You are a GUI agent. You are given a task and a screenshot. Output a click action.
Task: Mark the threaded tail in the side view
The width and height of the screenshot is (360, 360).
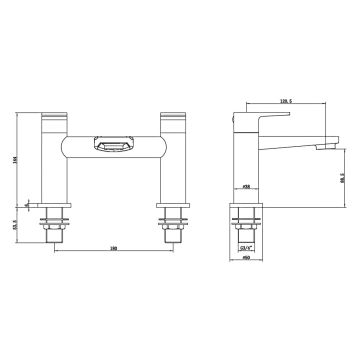pos(247,228)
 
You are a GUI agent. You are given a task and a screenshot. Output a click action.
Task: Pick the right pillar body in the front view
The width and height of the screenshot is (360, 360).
pos(167,170)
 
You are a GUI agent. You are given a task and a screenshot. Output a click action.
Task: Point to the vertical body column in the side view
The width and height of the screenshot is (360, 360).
pos(247,165)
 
